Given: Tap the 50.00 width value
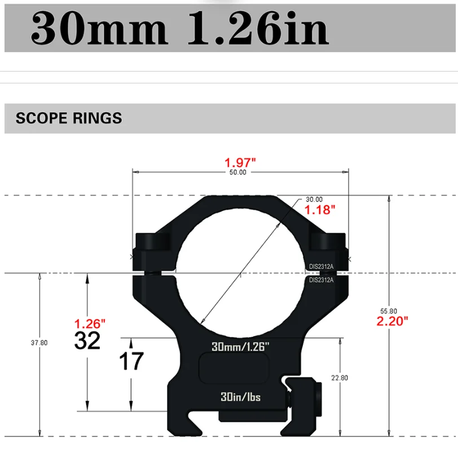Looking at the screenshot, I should [237, 172].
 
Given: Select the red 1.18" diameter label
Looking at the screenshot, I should [320, 210].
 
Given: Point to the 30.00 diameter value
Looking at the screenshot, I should [314, 199].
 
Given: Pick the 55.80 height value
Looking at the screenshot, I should [389, 311].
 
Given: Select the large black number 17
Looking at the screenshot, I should [131, 361].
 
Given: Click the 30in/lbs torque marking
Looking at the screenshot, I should [241, 397].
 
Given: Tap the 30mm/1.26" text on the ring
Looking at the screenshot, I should [241, 347].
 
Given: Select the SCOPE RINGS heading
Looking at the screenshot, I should [69, 118].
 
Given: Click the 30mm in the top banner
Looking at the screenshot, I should [99, 29].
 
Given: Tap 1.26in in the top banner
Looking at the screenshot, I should [257, 29].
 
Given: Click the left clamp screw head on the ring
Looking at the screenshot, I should [153, 242].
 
